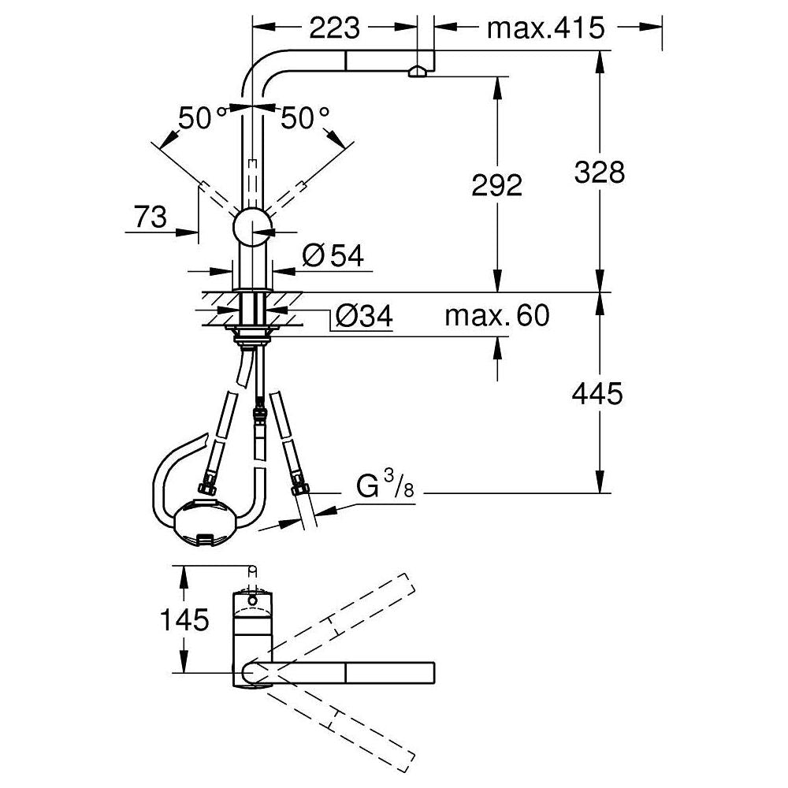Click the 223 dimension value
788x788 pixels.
tap(335, 28)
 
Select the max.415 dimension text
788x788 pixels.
tap(546, 28)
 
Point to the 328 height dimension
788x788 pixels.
tap(600, 172)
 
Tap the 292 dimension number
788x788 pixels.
tap(497, 185)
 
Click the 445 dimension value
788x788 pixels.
tap(597, 393)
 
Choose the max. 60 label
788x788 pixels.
tap(497, 316)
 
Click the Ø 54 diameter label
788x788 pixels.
tap(333, 256)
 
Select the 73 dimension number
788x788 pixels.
tap(150, 217)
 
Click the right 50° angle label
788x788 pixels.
tap(305, 119)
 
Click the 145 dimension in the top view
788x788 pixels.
tap(184, 619)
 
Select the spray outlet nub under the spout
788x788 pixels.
tap(417, 72)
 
